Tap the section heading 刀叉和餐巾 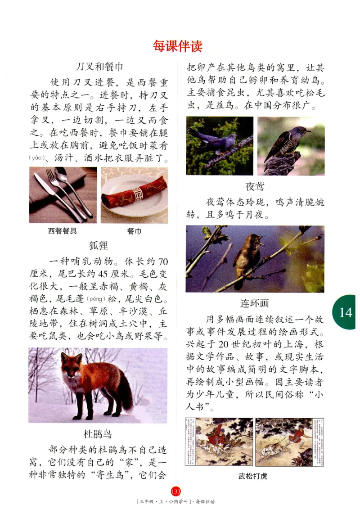pyautogui.click(x=99, y=67)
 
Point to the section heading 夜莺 pyautogui.click(x=255, y=186)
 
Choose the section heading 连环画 pyautogui.click(x=255, y=303)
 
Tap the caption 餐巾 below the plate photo pyautogui.click(x=134, y=231)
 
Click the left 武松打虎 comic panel pyautogui.click(x=219, y=442)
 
